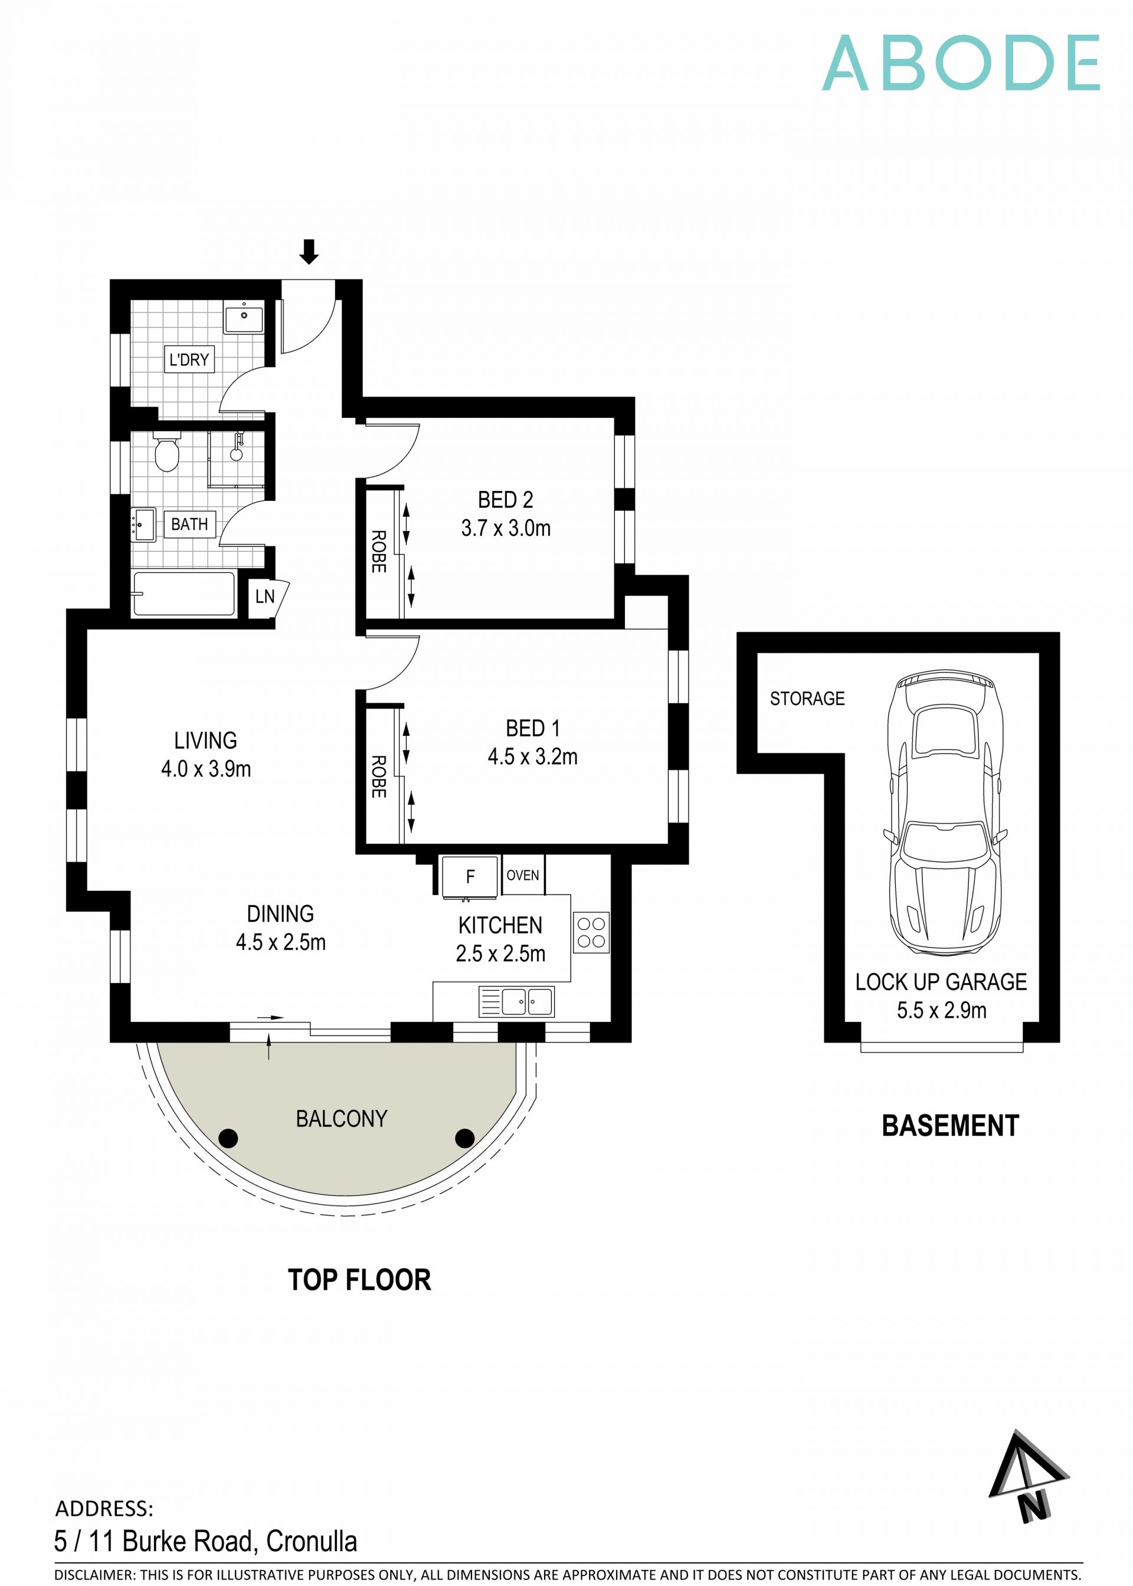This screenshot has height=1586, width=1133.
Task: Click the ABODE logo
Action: click(x=960, y=64)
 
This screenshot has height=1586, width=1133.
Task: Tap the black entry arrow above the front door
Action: click(x=309, y=251)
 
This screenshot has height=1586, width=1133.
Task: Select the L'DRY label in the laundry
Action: click(x=189, y=359)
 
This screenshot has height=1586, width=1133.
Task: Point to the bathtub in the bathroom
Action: click(x=184, y=594)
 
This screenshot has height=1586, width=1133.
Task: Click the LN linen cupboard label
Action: click(x=264, y=597)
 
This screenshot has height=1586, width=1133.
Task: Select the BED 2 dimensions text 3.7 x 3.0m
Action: click(x=505, y=528)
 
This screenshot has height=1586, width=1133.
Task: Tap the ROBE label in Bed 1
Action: click(x=378, y=776)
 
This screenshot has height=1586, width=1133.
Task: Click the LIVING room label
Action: click(x=205, y=740)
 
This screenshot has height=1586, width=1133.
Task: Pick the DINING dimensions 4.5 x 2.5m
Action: click(x=280, y=942)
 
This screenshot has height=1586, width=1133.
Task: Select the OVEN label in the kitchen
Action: click(x=523, y=875)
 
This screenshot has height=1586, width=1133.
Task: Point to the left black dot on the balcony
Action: click(x=228, y=1138)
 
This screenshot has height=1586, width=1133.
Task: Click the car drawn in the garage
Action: click(x=945, y=812)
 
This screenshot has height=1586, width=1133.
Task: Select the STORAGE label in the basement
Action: click(x=807, y=698)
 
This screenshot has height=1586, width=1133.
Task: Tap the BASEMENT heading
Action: click(x=949, y=1126)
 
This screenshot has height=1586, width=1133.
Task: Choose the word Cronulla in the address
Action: click(x=311, y=1541)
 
